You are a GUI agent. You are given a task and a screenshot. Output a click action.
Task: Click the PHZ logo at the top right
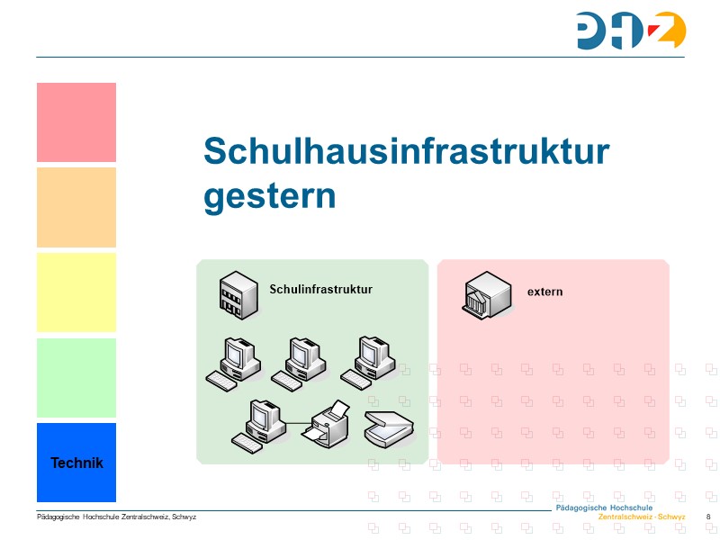point(632,31)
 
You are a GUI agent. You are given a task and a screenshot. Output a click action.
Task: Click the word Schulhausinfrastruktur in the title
point(407,151)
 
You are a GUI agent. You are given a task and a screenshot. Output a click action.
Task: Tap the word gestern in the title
point(270,195)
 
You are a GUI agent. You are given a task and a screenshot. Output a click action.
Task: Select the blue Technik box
point(76,463)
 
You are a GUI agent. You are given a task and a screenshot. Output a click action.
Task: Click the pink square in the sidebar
point(76,122)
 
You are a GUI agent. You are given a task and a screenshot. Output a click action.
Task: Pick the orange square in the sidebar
point(76,207)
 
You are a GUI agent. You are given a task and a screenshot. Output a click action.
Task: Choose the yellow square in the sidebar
point(76,292)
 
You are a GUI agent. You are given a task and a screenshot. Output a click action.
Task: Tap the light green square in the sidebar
point(76,377)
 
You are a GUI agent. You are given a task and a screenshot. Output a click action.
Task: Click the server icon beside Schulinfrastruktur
point(237,293)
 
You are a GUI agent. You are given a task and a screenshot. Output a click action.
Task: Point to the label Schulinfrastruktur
point(320,289)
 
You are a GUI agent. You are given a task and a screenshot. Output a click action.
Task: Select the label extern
point(544,292)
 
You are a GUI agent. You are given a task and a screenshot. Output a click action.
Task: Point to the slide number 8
point(709,517)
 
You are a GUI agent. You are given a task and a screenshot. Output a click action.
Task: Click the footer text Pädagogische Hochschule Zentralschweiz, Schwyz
point(116,517)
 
